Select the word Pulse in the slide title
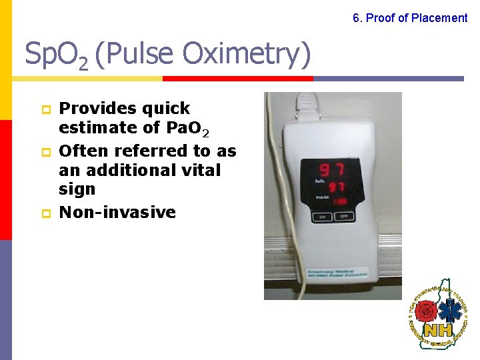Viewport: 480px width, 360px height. click(139, 55)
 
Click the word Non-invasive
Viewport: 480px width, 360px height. click(117, 213)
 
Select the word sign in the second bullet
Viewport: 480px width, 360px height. click(77, 190)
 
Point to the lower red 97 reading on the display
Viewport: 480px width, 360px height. click(335, 187)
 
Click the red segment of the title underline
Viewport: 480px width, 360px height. click(238, 78)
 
